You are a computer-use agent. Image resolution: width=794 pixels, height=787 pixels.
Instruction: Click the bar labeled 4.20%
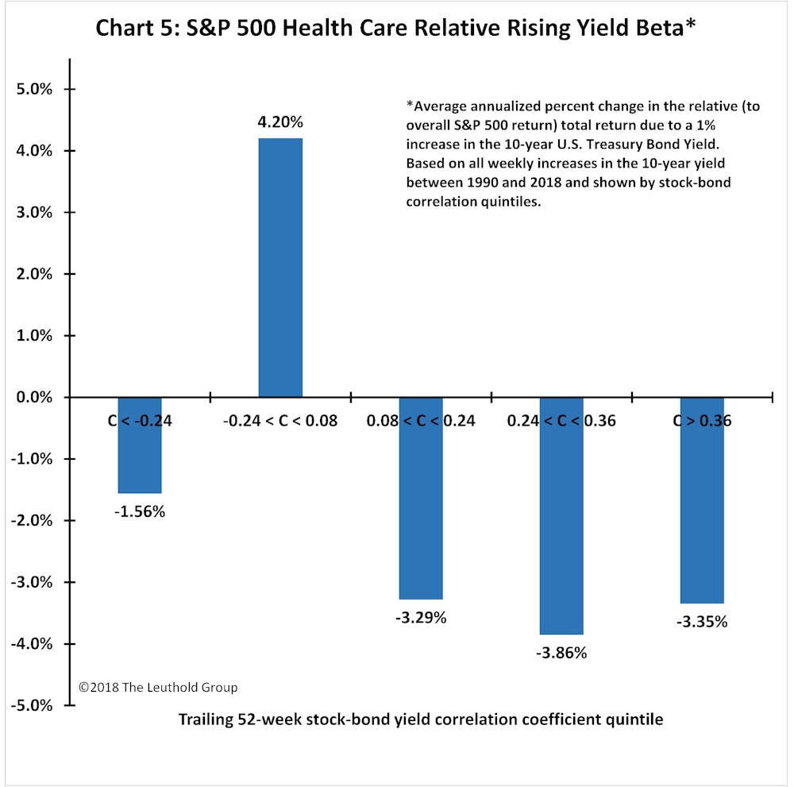pyautogui.click(x=280, y=268)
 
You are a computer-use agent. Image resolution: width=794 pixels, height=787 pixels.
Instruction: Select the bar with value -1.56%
pyautogui.click(x=140, y=446)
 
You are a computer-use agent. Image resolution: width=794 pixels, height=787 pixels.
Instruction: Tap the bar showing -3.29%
pyautogui.click(x=421, y=499)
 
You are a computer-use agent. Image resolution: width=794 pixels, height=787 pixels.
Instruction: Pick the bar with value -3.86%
pyautogui.click(x=561, y=516)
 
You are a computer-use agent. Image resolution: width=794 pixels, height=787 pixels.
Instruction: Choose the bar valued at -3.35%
pyautogui.click(x=703, y=500)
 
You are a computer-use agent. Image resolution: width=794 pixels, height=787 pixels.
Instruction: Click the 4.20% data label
pyautogui.click(x=280, y=122)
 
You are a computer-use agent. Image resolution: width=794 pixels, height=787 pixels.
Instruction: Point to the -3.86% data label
pyautogui.click(x=561, y=653)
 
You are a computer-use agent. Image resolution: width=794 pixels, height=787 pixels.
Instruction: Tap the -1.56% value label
pyautogui.click(x=140, y=511)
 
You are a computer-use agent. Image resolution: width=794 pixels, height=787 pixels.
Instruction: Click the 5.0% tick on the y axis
pyautogui.click(x=34, y=89)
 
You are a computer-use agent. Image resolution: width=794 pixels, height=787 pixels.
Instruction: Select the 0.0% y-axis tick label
pyautogui.click(x=34, y=397)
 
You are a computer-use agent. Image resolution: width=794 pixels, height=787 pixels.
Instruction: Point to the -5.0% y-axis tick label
pyautogui.click(x=32, y=705)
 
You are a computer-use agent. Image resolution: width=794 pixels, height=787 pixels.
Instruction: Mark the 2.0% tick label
pyautogui.click(x=34, y=274)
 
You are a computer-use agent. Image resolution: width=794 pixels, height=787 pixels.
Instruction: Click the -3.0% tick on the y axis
pyautogui.click(x=32, y=582)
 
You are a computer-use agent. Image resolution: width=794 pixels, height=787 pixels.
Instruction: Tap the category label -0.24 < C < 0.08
pyautogui.click(x=280, y=421)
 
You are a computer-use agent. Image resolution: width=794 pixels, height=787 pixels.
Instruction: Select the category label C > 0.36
pyautogui.click(x=703, y=421)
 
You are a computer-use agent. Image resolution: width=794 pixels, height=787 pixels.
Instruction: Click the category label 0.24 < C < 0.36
pyautogui.click(x=561, y=421)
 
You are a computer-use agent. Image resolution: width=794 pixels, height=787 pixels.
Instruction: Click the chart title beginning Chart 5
pyautogui.click(x=396, y=28)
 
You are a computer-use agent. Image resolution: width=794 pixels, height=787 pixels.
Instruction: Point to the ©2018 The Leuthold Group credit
pyautogui.click(x=158, y=687)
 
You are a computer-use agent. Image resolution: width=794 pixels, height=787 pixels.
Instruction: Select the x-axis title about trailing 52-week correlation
pyautogui.click(x=421, y=719)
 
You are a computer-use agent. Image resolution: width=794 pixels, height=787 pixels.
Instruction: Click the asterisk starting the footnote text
pyautogui.click(x=410, y=104)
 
